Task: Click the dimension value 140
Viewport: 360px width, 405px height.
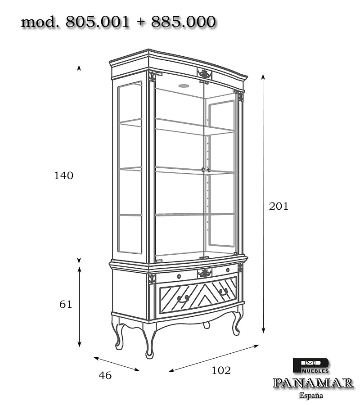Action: [x=63, y=175]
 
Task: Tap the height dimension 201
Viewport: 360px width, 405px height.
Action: [x=279, y=207]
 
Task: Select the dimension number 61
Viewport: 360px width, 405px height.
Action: [x=66, y=304]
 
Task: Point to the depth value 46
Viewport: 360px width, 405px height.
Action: [x=105, y=375]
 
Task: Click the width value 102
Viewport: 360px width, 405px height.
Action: [x=221, y=371]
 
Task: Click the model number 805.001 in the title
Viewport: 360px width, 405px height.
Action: [x=97, y=22]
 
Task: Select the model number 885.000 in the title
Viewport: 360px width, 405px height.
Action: [x=183, y=22]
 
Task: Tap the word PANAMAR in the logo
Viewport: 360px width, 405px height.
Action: [x=313, y=383]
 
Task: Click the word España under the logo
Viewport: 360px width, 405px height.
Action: [x=311, y=396]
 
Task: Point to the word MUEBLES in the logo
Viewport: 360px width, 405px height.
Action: [x=315, y=371]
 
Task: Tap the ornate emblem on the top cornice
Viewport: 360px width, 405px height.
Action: [x=205, y=74]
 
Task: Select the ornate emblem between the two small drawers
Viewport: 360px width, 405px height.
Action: [x=205, y=273]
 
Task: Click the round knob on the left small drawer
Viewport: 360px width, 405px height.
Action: [x=179, y=276]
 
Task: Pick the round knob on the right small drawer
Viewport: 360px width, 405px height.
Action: [x=228, y=270]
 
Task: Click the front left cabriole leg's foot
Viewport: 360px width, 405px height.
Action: [x=149, y=355]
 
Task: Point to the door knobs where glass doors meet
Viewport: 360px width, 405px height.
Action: [x=205, y=170]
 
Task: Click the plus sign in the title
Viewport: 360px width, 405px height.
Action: [x=140, y=22]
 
